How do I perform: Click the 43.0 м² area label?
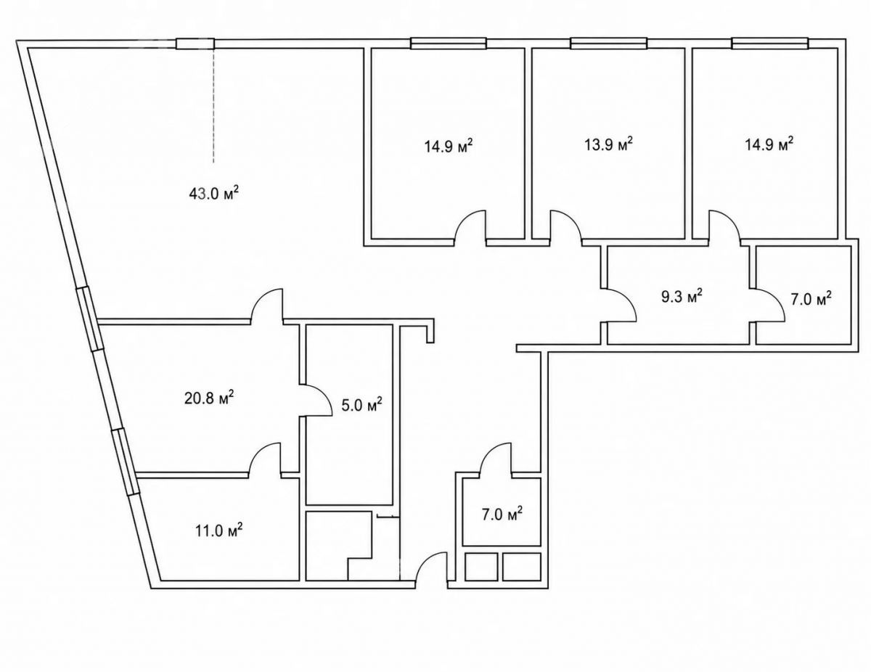pos(214,194)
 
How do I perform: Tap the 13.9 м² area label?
pos(608,144)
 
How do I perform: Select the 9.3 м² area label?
pos(682,298)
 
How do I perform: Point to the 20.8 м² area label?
pos(209,399)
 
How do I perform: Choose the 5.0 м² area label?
pos(361,405)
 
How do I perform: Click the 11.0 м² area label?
pos(218,531)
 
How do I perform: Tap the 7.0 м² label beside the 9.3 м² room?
pos(811,298)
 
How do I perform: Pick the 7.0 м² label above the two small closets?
pos(502,514)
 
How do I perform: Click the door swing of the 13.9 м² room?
pos(565,226)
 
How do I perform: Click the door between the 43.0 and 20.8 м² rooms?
pos(268,305)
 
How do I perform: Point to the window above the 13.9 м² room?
pos(608,44)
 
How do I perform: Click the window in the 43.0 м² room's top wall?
pos(195,44)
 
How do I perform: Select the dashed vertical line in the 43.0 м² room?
pos(213,105)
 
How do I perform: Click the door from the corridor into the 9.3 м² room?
pos(619,306)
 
